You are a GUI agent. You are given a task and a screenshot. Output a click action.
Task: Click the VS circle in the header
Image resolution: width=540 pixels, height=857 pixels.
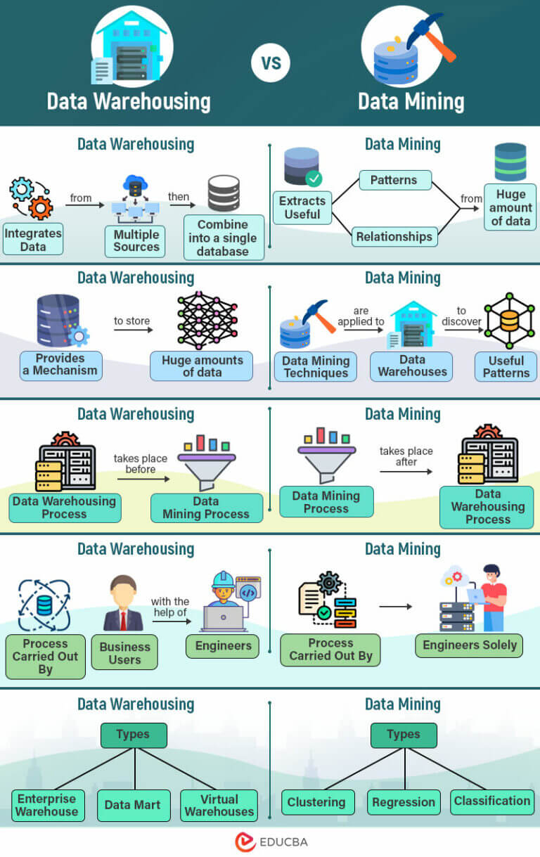tap(271, 63)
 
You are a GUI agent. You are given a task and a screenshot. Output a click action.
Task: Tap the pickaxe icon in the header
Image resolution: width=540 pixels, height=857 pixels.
tap(430, 35)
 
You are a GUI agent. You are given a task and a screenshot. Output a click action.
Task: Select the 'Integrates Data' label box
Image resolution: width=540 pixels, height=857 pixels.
tap(33, 240)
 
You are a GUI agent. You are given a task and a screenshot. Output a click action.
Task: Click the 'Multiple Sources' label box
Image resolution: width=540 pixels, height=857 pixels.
tap(136, 240)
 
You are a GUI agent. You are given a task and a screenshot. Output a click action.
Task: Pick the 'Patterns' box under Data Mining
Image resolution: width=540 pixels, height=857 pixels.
tap(394, 180)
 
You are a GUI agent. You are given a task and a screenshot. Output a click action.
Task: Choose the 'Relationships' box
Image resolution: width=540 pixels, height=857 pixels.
tap(394, 236)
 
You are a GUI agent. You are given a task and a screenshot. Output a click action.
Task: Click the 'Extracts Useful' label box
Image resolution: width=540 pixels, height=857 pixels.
tap(302, 207)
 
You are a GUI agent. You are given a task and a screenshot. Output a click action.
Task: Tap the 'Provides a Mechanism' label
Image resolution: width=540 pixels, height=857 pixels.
tap(60, 365)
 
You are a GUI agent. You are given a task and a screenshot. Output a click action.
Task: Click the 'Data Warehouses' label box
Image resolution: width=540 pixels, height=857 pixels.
tap(412, 366)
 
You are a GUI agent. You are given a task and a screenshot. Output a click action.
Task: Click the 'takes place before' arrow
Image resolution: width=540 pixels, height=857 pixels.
tap(143, 479)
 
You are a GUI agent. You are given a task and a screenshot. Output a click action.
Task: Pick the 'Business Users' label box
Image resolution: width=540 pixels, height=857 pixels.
tap(125, 653)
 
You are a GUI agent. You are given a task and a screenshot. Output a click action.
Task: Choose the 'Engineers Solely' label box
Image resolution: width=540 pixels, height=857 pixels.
tap(469, 645)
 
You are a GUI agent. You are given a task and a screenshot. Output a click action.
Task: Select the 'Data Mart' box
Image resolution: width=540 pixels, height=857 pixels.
tap(133, 805)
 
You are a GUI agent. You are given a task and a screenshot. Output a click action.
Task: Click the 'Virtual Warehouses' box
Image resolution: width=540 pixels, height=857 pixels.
tap(219, 806)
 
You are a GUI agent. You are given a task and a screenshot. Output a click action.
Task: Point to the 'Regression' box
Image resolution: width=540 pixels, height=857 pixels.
tap(404, 802)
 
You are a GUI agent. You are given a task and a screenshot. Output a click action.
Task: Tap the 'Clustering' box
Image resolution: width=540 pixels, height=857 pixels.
tap(316, 802)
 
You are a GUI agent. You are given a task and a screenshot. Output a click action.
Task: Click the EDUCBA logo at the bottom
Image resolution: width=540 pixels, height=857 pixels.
tap(271, 842)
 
